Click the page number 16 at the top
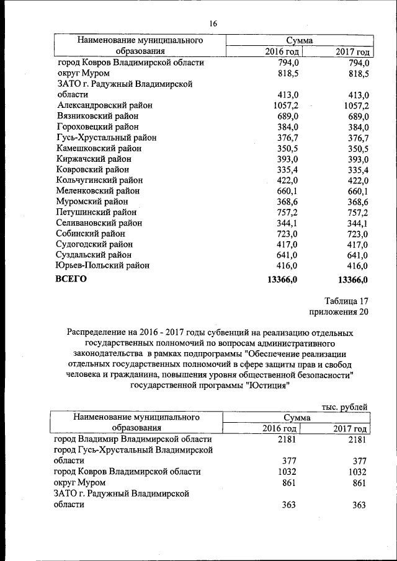point(213,24)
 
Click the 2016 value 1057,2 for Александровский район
point(282,106)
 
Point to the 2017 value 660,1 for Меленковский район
point(356,191)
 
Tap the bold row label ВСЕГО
point(71,279)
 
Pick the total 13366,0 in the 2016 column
point(282,280)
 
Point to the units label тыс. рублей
point(345,407)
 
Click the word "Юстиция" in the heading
point(268,385)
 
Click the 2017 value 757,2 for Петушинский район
point(356,212)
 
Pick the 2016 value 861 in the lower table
point(287,482)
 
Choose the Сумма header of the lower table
point(298,417)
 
